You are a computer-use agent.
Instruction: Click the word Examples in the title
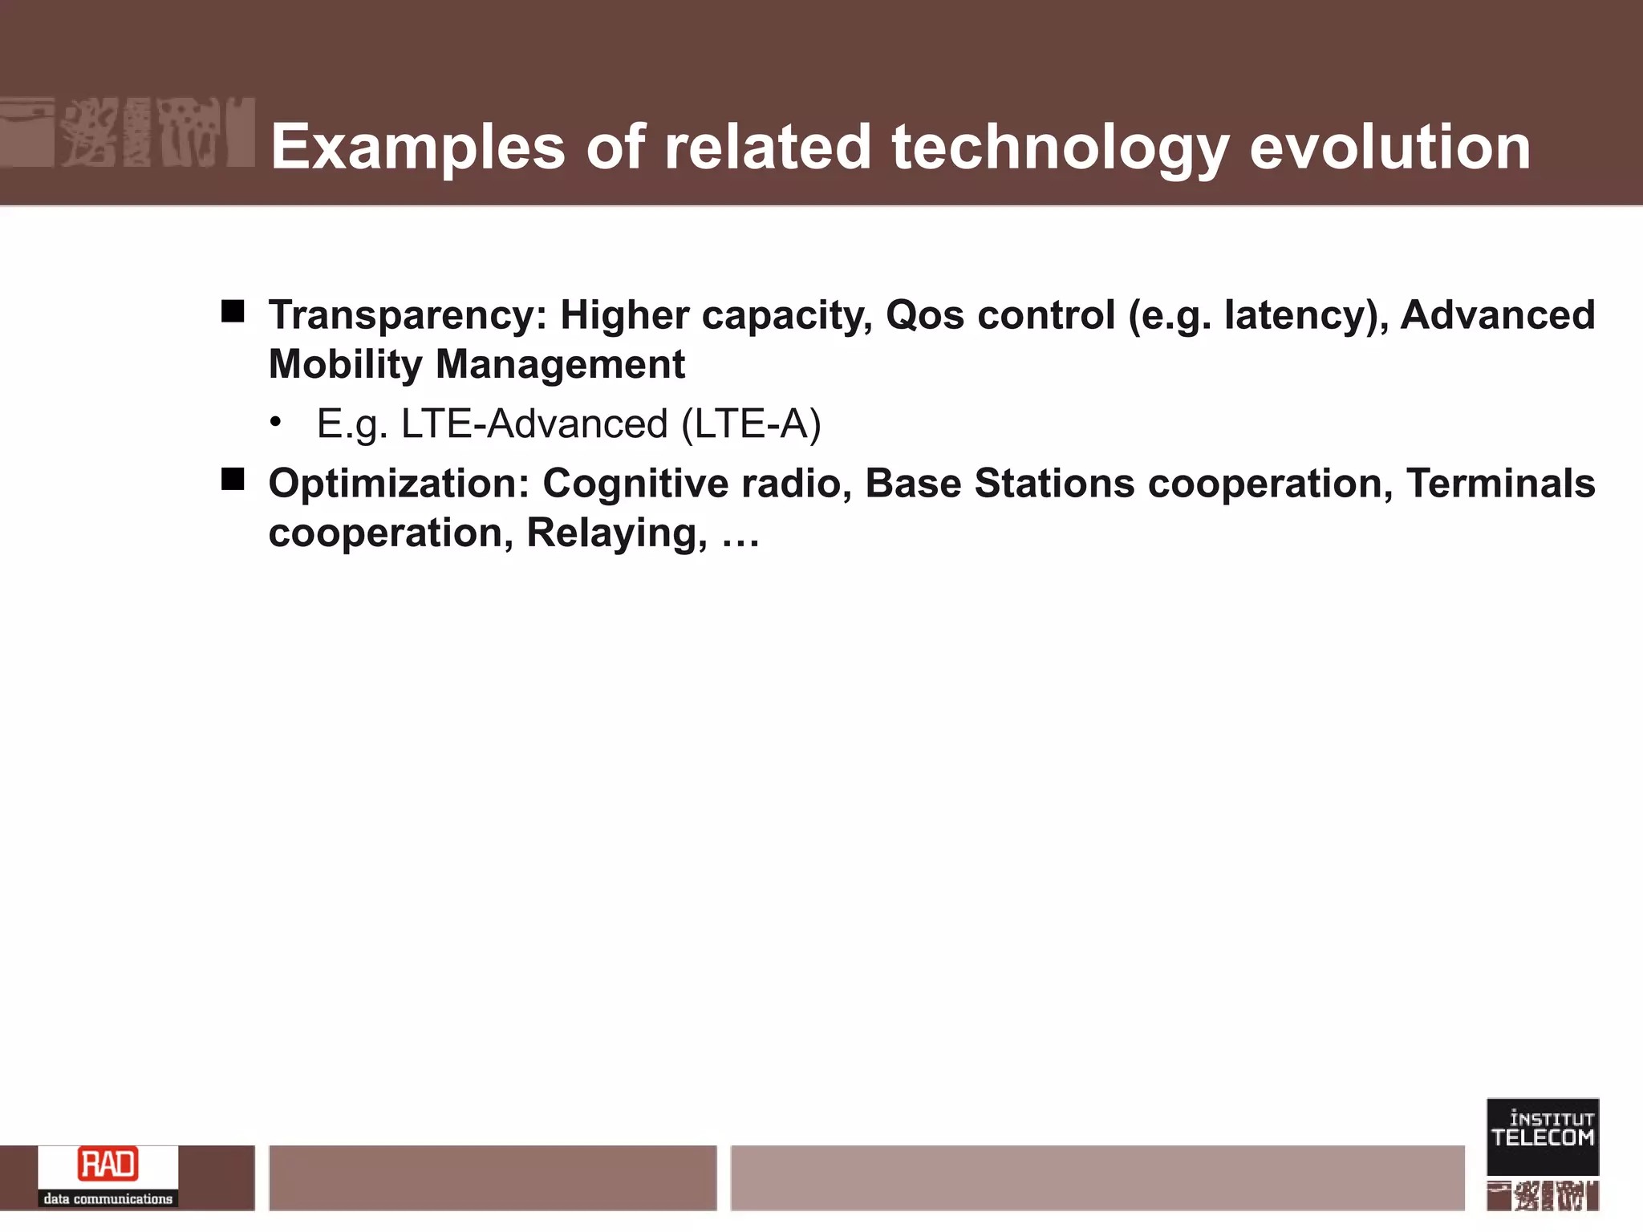click(x=417, y=148)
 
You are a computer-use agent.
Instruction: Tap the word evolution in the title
click(x=1389, y=148)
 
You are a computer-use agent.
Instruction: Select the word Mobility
click(x=345, y=365)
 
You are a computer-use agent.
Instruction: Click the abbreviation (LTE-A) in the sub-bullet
click(x=751, y=423)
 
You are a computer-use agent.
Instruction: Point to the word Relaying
click(x=616, y=533)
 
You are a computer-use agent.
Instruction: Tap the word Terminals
click(x=1500, y=484)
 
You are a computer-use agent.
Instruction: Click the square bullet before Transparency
click(x=233, y=311)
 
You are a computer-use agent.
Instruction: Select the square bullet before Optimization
click(x=233, y=480)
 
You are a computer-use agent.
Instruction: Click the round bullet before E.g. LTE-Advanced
click(x=276, y=422)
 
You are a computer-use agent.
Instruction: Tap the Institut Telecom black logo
click(x=1542, y=1136)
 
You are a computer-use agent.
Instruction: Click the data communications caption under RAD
click(x=108, y=1198)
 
